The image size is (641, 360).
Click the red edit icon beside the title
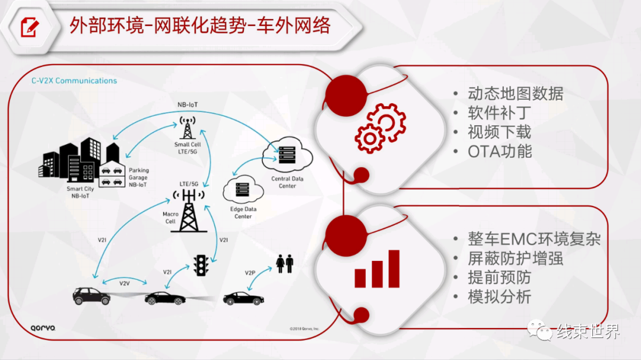(30, 27)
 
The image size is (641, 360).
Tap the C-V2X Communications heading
(74, 81)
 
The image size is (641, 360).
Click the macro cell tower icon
(189, 211)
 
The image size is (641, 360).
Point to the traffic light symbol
(201, 266)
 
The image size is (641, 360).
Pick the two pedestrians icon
(284, 263)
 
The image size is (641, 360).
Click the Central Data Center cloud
(287, 154)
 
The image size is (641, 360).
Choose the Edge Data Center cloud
(243, 189)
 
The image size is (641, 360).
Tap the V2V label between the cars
(124, 283)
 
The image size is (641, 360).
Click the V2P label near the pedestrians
(250, 273)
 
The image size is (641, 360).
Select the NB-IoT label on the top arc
(188, 104)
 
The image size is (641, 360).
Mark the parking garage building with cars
(112, 174)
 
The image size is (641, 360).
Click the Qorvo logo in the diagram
(43, 328)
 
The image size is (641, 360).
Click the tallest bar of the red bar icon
(394, 269)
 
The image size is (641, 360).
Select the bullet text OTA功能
(500, 152)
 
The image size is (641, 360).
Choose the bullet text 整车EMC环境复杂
(534, 239)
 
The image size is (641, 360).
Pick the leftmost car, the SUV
(91, 296)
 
